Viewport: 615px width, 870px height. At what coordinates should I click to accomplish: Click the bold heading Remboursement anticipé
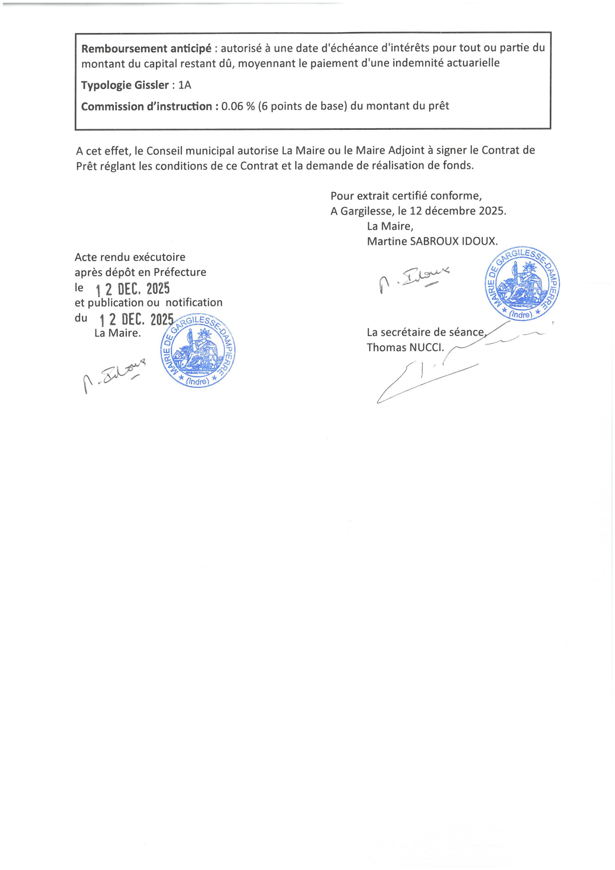[x=146, y=48]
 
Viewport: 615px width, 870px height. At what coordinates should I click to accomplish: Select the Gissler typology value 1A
[x=184, y=85]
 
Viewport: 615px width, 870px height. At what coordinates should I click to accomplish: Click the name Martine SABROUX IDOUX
[x=432, y=241]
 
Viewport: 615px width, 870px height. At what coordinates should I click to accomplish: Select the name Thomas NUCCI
[x=405, y=347]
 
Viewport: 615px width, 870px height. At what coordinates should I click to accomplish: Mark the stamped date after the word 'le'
[x=132, y=290]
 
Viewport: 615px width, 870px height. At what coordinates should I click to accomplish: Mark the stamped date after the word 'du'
[x=136, y=320]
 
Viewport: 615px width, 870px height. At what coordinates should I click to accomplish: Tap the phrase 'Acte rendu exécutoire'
[x=130, y=257]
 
